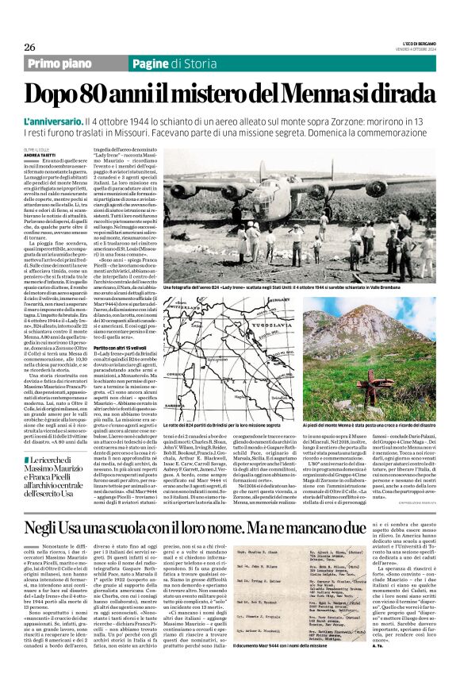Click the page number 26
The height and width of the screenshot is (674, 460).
click(30, 47)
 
